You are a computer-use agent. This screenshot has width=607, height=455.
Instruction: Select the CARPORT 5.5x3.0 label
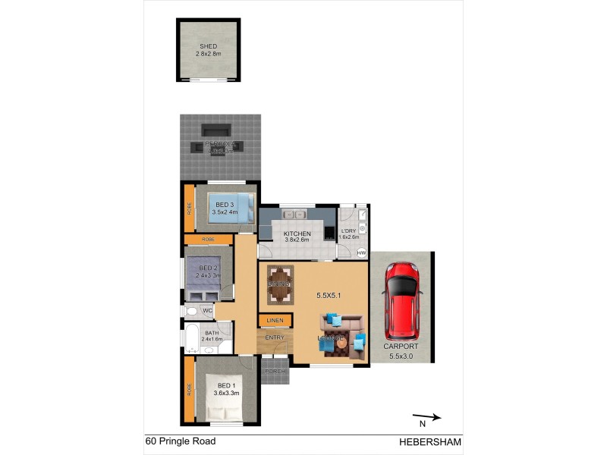401,350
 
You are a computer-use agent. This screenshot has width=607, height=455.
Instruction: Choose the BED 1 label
226,389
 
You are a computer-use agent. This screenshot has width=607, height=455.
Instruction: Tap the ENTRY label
274,338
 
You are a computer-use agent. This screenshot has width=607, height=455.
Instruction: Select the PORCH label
275,372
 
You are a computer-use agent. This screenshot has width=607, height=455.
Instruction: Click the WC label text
207,310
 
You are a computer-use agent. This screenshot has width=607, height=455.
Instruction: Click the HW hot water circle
361,253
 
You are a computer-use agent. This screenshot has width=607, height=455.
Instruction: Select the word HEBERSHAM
430,441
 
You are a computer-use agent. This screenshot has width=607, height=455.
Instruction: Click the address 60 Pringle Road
181,441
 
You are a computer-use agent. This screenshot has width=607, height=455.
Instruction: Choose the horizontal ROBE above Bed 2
208,240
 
